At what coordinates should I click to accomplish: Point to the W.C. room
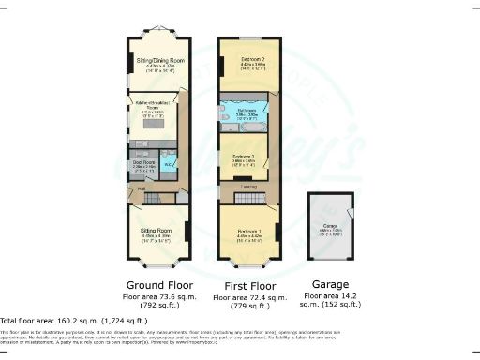168,165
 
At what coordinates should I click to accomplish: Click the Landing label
249,187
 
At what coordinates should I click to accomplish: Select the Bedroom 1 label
248,230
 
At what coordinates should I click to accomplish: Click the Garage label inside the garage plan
331,226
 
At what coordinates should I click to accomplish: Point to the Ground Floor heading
157,284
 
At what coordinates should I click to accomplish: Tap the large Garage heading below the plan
332,284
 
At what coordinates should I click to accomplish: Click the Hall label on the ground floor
142,188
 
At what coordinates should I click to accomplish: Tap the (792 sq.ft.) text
156,305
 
